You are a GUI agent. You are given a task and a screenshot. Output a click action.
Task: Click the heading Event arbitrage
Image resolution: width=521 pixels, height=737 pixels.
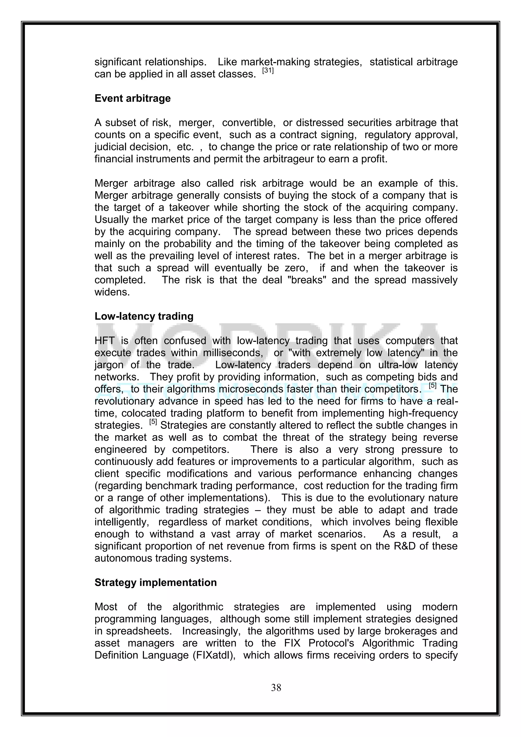click(x=133, y=98)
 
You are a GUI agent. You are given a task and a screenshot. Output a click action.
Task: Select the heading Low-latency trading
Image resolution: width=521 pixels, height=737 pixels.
click(x=144, y=316)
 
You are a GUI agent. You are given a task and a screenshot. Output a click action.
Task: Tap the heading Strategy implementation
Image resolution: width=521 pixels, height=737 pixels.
click(x=156, y=582)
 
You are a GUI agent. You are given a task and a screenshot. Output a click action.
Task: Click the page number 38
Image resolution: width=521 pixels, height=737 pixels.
click(x=276, y=687)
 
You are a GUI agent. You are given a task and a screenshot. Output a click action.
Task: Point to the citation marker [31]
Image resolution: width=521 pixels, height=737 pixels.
click(x=268, y=70)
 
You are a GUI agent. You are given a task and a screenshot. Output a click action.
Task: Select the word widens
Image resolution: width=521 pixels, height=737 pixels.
click(x=112, y=292)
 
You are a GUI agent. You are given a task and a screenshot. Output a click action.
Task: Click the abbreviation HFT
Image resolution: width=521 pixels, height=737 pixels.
click(x=104, y=341)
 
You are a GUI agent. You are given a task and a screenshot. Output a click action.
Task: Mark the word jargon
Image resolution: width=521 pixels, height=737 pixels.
click(x=109, y=365)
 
